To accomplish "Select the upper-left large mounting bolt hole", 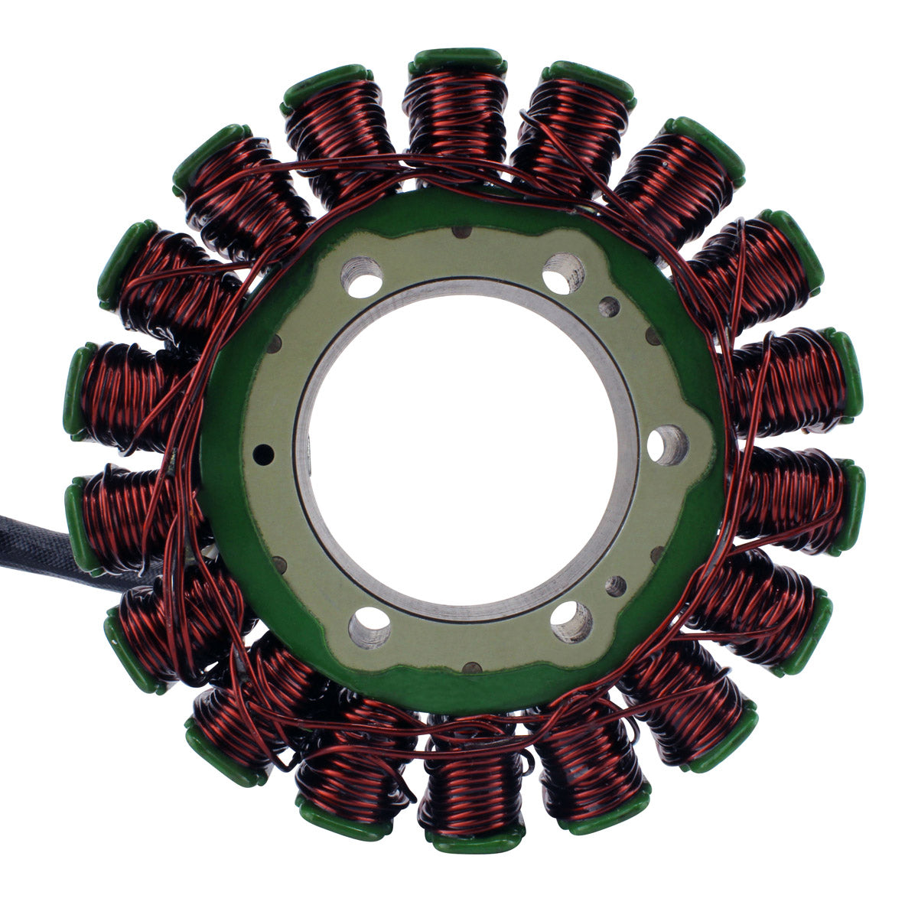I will [x=361, y=275].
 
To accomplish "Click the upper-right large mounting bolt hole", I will [x=564, y=273].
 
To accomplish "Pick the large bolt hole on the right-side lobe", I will [x=667, y=444].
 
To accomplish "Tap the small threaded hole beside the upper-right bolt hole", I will [x=609, y=307].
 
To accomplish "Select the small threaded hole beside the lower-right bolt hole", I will [x=615, y=586].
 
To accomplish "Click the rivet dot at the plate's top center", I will [x=461, y=233].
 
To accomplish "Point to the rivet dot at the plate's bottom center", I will [x=467, y=668].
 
